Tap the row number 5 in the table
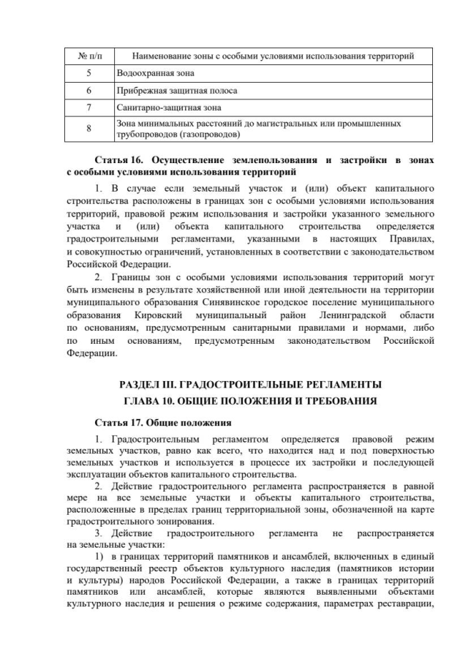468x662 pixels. point(88,73)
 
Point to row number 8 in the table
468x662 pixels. point(88,129)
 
